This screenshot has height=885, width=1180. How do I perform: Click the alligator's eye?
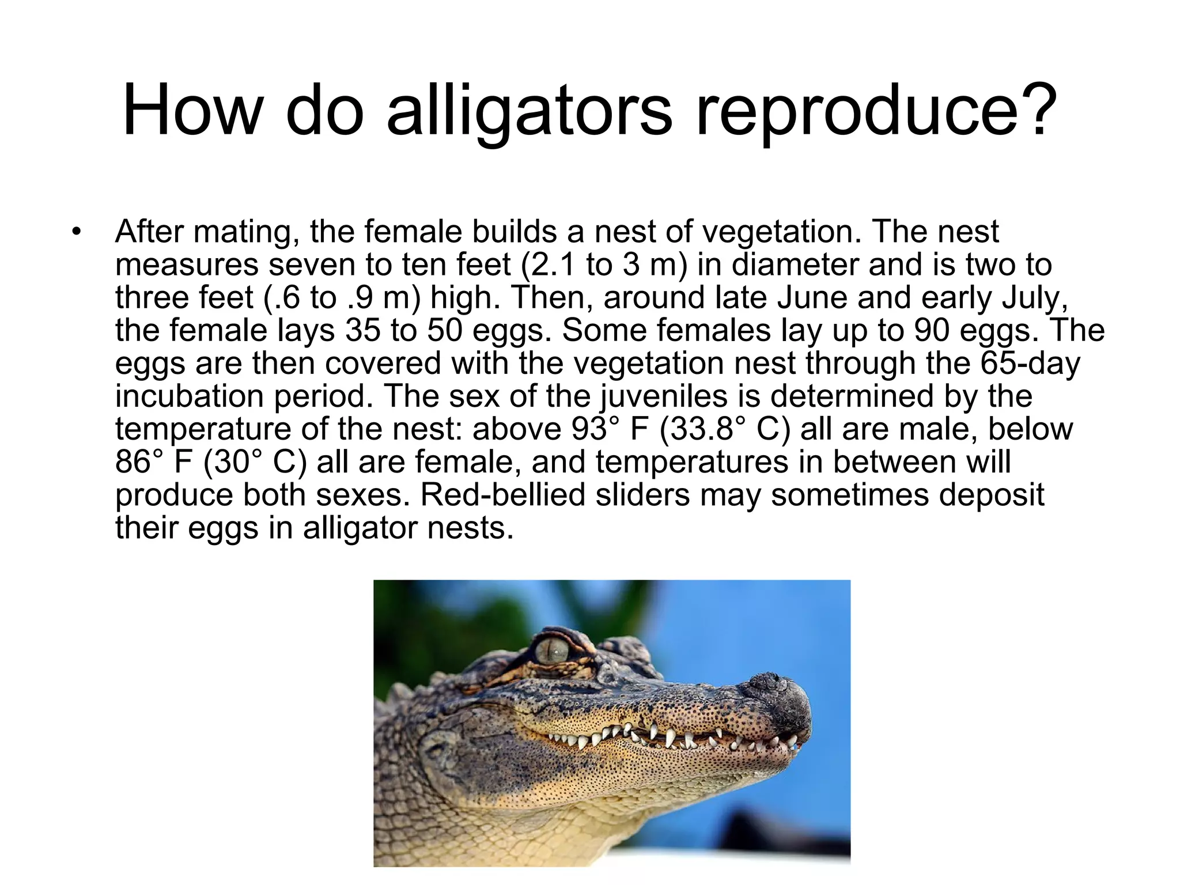[x=552, y=652]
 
